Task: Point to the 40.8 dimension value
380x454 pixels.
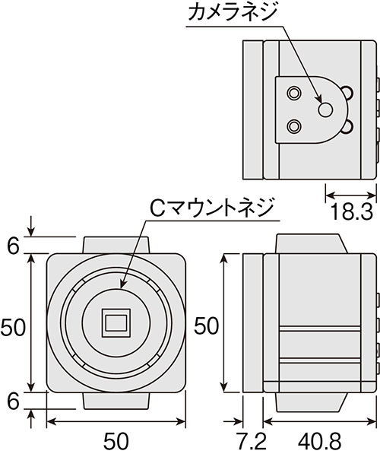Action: pos(318,440)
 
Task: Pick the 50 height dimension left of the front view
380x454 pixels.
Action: pos(14,327)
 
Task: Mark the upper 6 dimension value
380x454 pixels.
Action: pos(12,246)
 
